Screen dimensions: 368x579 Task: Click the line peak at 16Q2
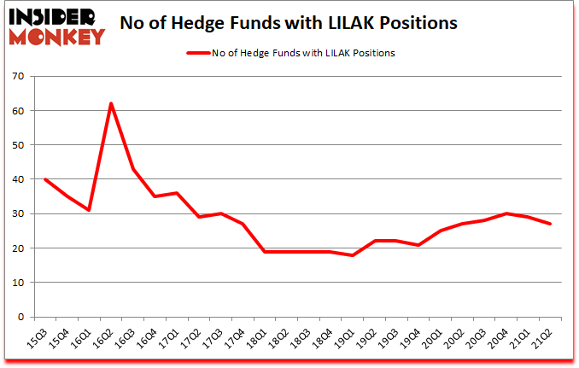pos(111,104)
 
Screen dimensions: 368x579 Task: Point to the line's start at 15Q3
pos(44,179)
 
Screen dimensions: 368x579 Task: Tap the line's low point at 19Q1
pos(352,254)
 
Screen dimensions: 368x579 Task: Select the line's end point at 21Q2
pos(549,224)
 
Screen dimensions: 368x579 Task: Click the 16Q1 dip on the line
pos(89,210)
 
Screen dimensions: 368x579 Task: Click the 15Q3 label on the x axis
pos(38,340)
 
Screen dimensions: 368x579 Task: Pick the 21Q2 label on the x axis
pos(542,340)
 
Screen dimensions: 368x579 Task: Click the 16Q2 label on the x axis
pos(103,340)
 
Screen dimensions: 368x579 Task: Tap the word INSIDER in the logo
pos(55,16)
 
